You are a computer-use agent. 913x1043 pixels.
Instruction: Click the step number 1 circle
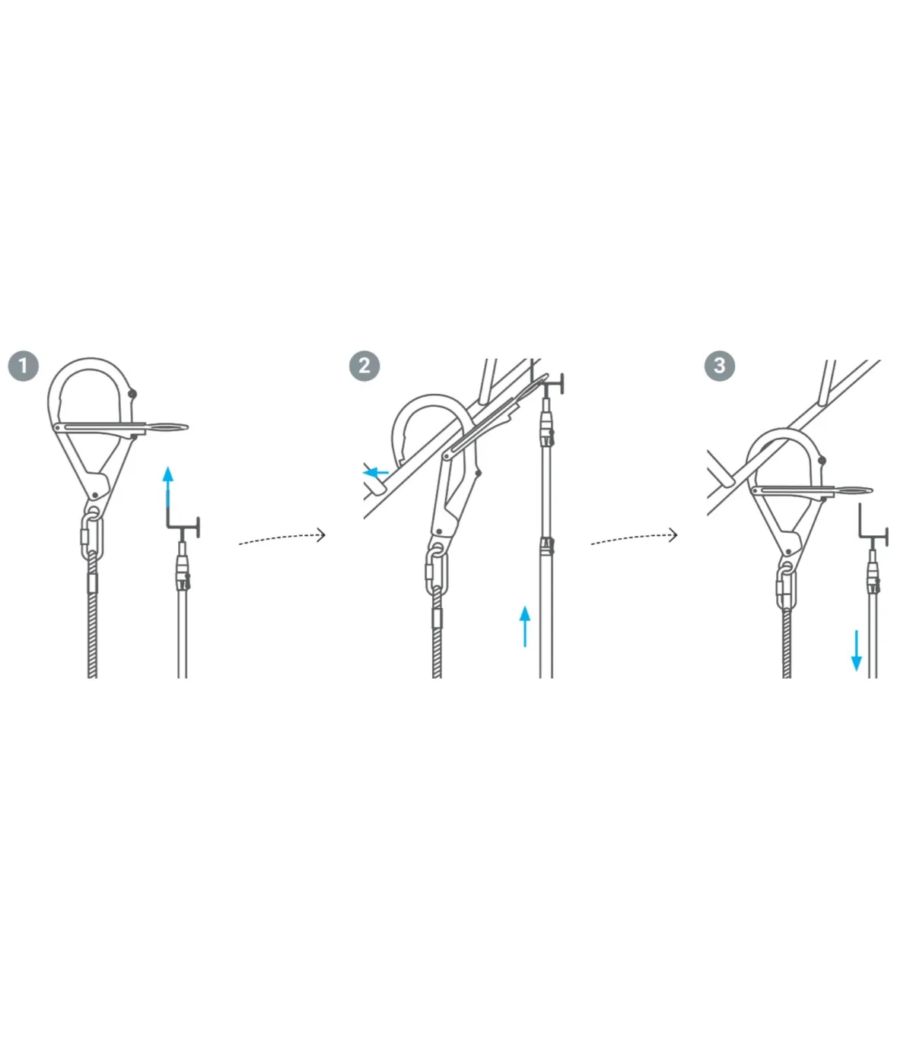[x=24, y=366]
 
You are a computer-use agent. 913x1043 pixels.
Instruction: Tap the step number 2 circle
[x=364, y=366]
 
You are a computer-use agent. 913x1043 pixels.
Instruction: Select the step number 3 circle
[x=720, y=366]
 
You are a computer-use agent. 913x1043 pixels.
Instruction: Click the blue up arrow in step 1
[x=168, y=487]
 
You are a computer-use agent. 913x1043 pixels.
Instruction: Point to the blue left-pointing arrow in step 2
[x=375, y=473]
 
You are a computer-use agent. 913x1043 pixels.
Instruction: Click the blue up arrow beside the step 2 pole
[x=525, y=626]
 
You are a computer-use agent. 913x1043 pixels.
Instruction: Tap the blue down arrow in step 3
[x=857, y=651]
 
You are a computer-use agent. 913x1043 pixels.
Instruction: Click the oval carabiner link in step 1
[x=92, y=537]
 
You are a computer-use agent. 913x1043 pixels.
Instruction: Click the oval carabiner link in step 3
[x=787, y=587]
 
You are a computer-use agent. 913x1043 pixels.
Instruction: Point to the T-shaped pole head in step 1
[x=183, y=527]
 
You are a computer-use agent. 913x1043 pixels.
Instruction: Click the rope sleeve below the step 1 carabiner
[x=92, y=583]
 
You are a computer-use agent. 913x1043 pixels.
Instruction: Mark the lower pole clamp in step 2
[x=546, y=546]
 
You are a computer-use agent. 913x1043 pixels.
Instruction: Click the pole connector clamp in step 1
[x=183, y=573]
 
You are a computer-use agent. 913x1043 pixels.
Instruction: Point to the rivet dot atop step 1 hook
[x=132, y=394]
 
